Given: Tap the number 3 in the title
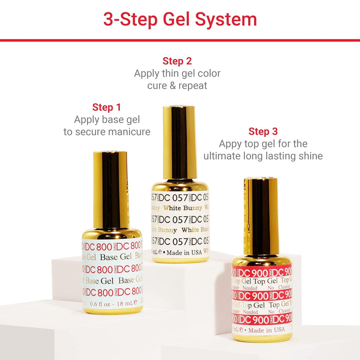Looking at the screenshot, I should pos(109,19).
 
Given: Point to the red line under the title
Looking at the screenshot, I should pos(180,40).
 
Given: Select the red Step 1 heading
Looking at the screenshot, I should pos(106,107).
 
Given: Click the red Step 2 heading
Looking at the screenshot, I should pos(177,61).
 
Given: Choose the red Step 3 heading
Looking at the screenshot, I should pos(263,131).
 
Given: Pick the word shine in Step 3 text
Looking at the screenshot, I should pos(309,156).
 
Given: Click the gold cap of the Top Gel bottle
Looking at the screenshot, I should pos(260,215).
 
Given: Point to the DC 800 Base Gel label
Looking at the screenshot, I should pos(112,269).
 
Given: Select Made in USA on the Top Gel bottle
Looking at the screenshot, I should pos(266,329).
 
